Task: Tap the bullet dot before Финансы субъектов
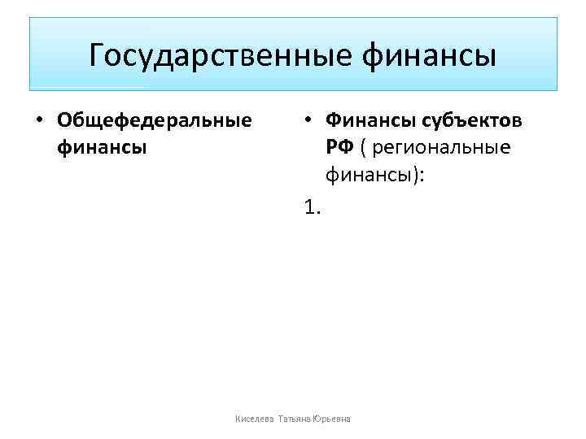[308, 121]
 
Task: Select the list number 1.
[311, 208]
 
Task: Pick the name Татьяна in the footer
[295, 419]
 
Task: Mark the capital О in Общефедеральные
[64, 121]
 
